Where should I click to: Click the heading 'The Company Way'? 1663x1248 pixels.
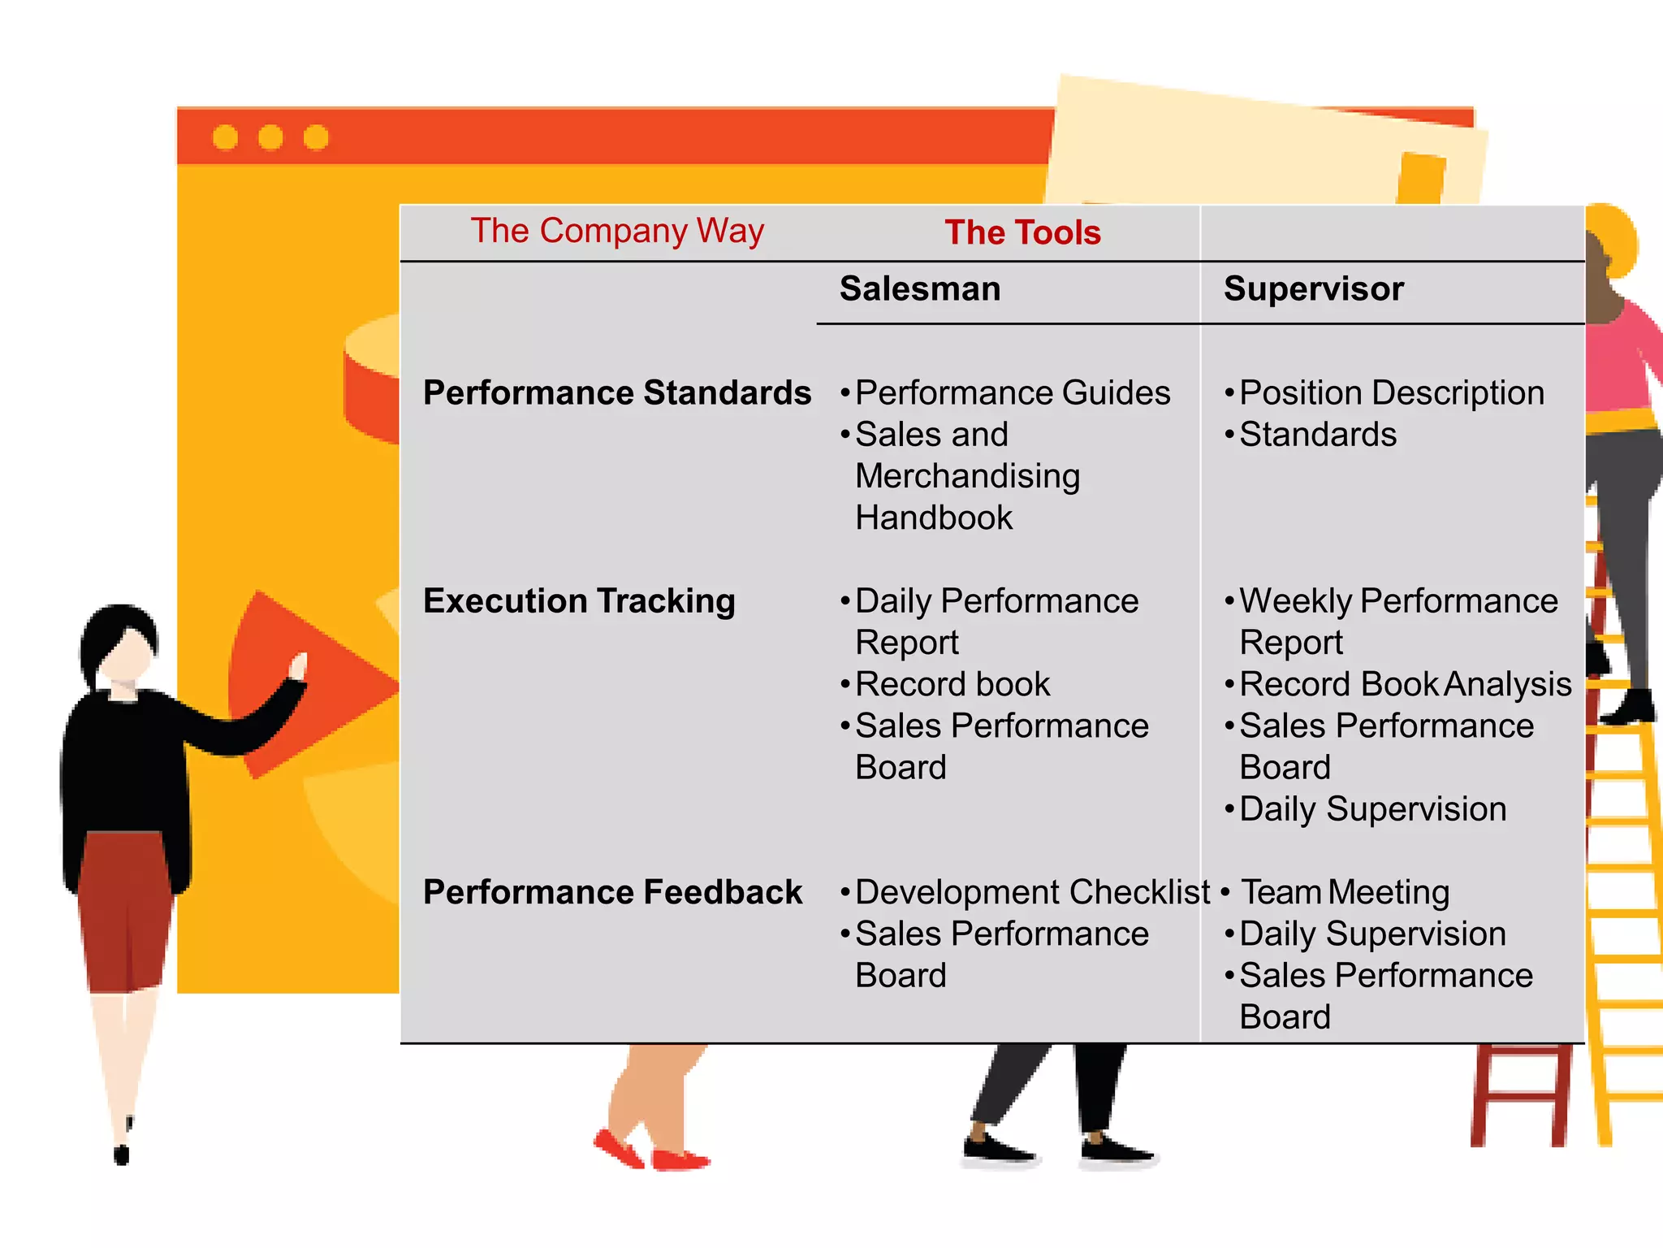pos(617,232)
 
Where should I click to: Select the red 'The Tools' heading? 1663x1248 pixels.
pos(1022,233)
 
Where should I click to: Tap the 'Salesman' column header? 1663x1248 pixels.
pos(920,289)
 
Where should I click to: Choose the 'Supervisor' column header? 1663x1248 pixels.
pos(1314,289)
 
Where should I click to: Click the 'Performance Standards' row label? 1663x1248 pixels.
pos(617,393)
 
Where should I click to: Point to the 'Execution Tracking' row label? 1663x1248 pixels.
pos(579,601)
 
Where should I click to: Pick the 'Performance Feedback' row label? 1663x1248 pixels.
pos(612,892)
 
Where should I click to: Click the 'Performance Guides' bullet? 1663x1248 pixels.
pos(1013,393)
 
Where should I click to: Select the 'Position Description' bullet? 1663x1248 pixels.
pos(1392,393)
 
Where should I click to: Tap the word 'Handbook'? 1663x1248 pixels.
pos(934,518)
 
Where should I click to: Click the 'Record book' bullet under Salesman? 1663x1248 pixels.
pos(952,684)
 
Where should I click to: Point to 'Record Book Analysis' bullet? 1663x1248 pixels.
pos(1406,684)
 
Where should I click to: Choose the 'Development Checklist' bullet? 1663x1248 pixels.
pos(1032,892)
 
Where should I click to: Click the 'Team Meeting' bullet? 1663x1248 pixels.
pos(1345,892)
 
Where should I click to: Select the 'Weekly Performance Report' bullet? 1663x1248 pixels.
pos(1398,621)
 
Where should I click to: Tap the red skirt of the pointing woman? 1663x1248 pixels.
pos(126,910)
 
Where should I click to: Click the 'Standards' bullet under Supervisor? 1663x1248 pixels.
pos(1318,435)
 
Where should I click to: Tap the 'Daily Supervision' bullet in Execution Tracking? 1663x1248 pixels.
pos(1372,809)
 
